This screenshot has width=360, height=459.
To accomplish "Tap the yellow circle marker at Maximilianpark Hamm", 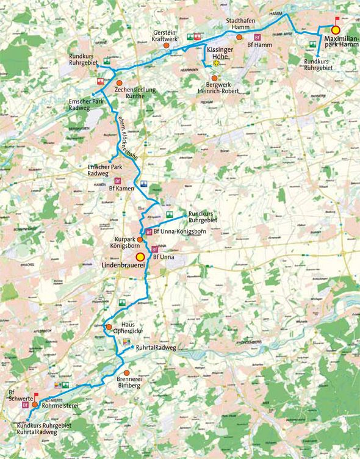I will click(x=335, y=30).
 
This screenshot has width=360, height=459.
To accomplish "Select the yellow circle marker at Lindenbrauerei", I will click(x=140, y=257).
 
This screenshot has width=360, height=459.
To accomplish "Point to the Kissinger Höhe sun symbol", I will click(x=215, y=63).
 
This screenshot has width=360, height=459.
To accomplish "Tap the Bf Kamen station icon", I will click(x=117, y=182).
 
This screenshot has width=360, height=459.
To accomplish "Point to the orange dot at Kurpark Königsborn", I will click(x=140, y=240).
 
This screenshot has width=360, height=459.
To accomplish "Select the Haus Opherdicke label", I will click(x=128, y=327).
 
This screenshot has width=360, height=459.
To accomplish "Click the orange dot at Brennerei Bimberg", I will click(x=127, y=372).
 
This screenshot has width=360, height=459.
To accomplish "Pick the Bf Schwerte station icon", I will click(x=26, y=405).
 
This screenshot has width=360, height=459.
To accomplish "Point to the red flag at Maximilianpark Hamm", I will click(x=335, y=18).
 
